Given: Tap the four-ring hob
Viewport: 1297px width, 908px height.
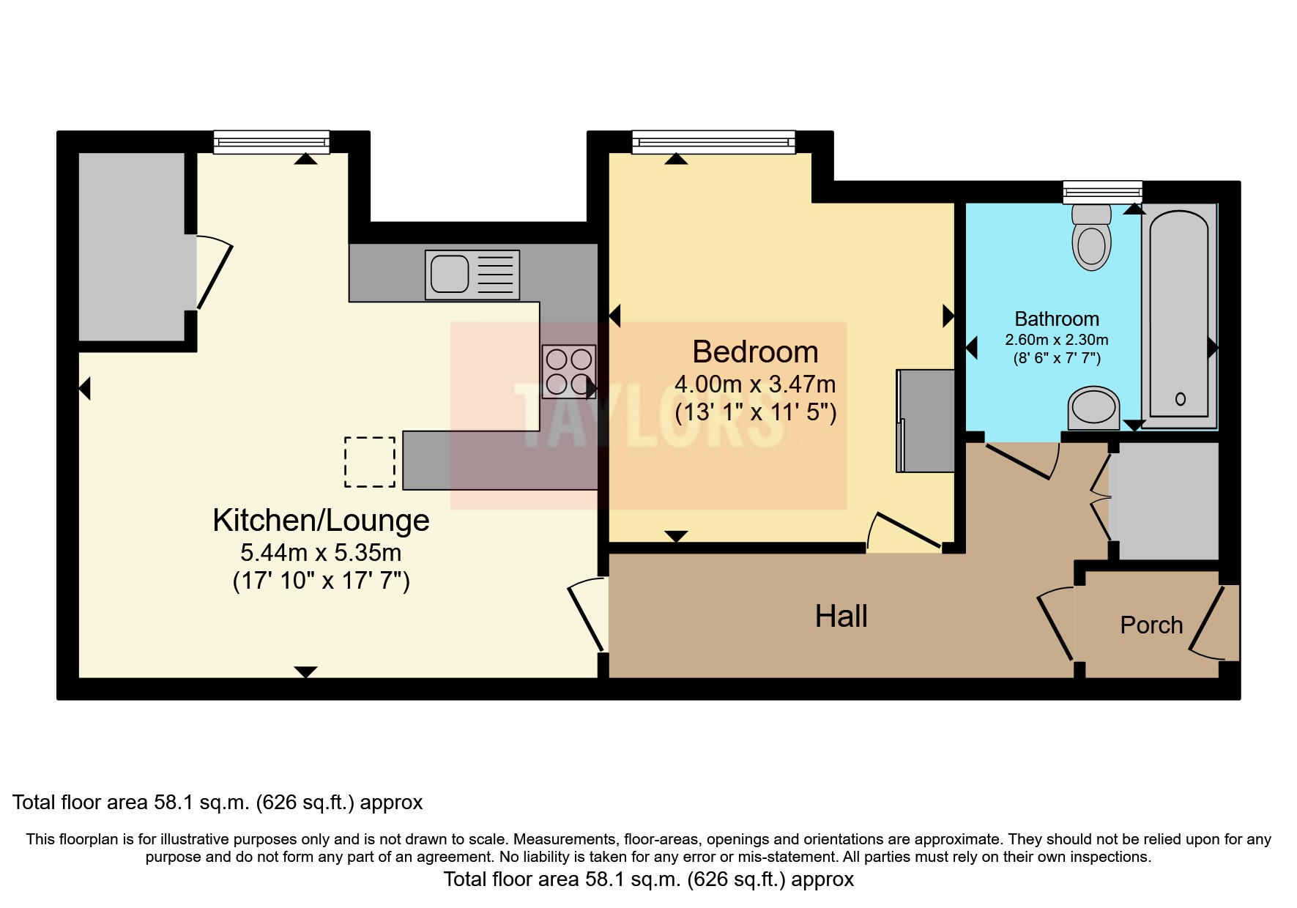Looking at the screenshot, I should click(x=569, y=372).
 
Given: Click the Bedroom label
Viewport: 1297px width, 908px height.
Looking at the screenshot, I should click(x=755, y=352).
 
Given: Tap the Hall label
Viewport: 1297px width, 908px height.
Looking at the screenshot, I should click(x=841, y=616).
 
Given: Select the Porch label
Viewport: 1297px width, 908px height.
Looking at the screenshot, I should click(x=1151, y=625).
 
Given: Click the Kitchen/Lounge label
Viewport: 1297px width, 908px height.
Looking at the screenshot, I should click(x=321, y=521).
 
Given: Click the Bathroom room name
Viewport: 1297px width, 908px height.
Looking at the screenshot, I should click(x=1056, y=319).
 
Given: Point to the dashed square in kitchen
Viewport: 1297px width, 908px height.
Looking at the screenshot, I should click(x=370, y=461).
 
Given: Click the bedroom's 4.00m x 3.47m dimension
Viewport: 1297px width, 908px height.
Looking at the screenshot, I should click(x=755, y=384).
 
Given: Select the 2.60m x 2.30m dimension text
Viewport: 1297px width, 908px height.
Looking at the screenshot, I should click(x=1056, y=340).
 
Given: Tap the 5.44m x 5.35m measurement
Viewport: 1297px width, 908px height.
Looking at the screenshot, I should click(x=321, y=553).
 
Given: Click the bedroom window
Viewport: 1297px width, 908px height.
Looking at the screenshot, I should click(x=713, y=141).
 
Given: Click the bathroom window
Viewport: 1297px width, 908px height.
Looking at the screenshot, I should click(x=1102, y=192).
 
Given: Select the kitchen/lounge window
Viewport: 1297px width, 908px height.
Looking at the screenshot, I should click(x=271, y=141).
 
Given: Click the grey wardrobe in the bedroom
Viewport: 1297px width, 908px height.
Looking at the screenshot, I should click(x=926, y=420).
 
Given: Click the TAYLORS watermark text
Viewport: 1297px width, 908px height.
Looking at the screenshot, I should click(x=648, y=416).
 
